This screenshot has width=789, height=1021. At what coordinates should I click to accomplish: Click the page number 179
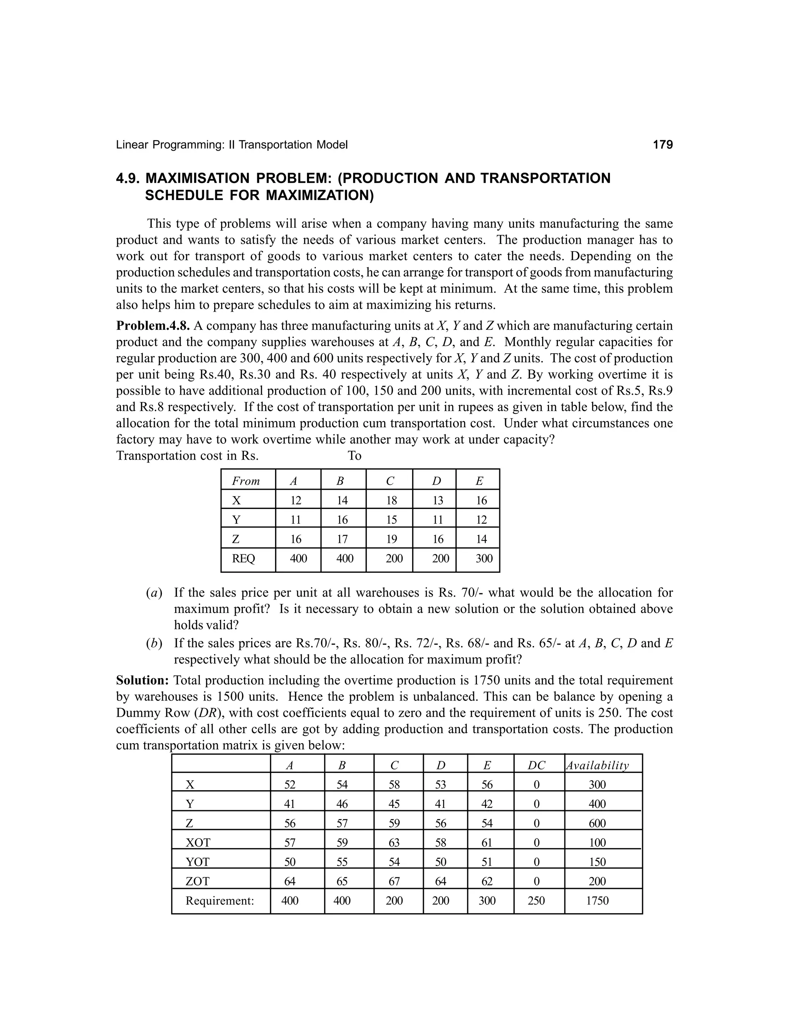pos(662,145)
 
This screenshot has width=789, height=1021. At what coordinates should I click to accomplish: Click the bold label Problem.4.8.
pos(153,326)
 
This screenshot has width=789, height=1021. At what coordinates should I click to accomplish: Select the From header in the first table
pos(246,481)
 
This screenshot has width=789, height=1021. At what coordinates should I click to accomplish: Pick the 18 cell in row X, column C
pos(391,501)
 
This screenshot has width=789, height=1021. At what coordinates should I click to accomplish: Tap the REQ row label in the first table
pos(243,558)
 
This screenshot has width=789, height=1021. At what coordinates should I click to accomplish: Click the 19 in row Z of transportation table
pos(391,539)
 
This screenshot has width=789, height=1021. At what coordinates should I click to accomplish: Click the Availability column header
pos(598,765)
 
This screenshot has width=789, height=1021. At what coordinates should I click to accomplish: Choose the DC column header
pos(536,765)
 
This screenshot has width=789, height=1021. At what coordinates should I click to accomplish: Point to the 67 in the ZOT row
pos(394,881)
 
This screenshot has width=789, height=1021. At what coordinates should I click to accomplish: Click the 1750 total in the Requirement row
pos(598,900)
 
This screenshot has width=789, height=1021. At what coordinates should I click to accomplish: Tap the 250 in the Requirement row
pos(536,900)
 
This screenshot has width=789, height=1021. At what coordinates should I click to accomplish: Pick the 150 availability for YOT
pos(598,861)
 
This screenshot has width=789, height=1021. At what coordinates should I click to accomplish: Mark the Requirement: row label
pos(220,900)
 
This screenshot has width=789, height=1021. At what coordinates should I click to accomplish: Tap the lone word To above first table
pos(354,456)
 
